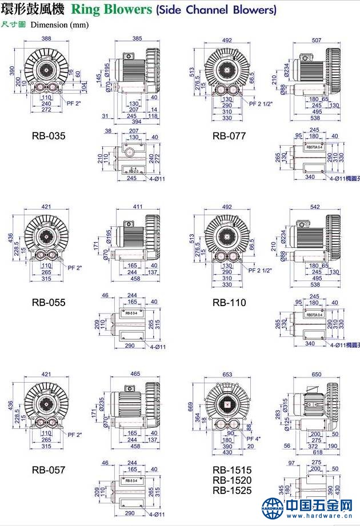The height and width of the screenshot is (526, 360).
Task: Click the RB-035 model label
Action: (x=49, y=136)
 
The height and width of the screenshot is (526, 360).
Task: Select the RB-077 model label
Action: (x=229, y=136)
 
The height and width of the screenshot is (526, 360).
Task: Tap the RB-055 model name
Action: (x=49, y=303)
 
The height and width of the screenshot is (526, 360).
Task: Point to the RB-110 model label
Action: (x=229, y=303)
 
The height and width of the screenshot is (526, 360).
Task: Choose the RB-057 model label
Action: (x=49, y=470)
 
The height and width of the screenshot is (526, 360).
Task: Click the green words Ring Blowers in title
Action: (x=111, y=10)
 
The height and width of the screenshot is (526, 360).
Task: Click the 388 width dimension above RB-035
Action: (x=46, y=39)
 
